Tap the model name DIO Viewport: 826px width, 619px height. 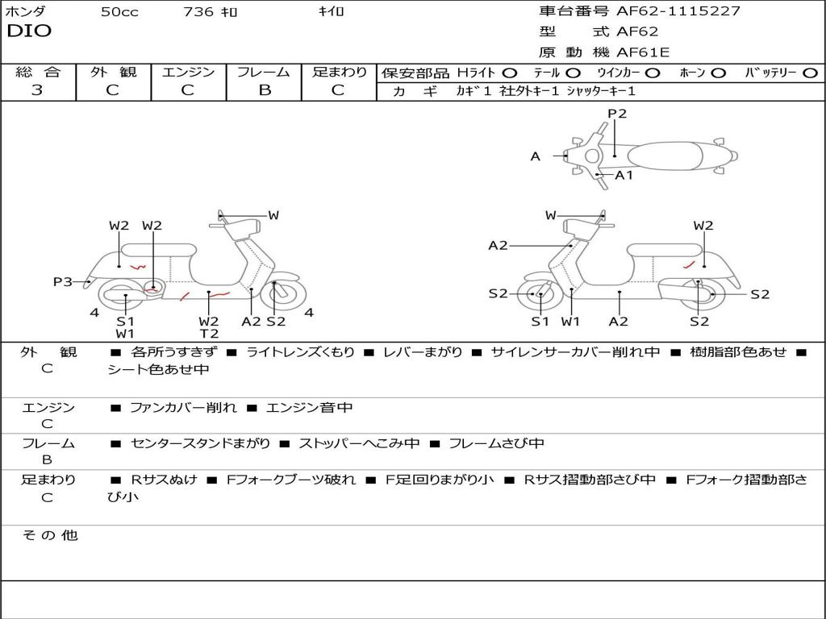[29, 31]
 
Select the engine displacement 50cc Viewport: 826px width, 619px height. [119, 12]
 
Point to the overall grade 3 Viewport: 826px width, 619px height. [37, 90]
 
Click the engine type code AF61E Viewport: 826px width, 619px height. [643, 53]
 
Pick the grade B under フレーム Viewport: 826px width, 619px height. [264, 90]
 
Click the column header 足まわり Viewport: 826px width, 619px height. [339, 73]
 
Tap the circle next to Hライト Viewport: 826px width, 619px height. [510, 73]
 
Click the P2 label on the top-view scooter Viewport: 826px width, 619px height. [617, 114]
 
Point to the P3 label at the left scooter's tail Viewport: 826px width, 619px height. [63, 281]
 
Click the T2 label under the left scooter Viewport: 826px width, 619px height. [209, 334]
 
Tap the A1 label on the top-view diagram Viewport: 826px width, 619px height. [624, 175]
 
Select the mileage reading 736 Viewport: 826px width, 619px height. [198, 12]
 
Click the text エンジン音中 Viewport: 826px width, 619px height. [309, 408]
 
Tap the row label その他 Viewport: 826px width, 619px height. [49, 535]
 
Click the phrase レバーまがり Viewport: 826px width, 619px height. [423, 352]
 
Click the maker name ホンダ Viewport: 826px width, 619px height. [26, 11]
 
